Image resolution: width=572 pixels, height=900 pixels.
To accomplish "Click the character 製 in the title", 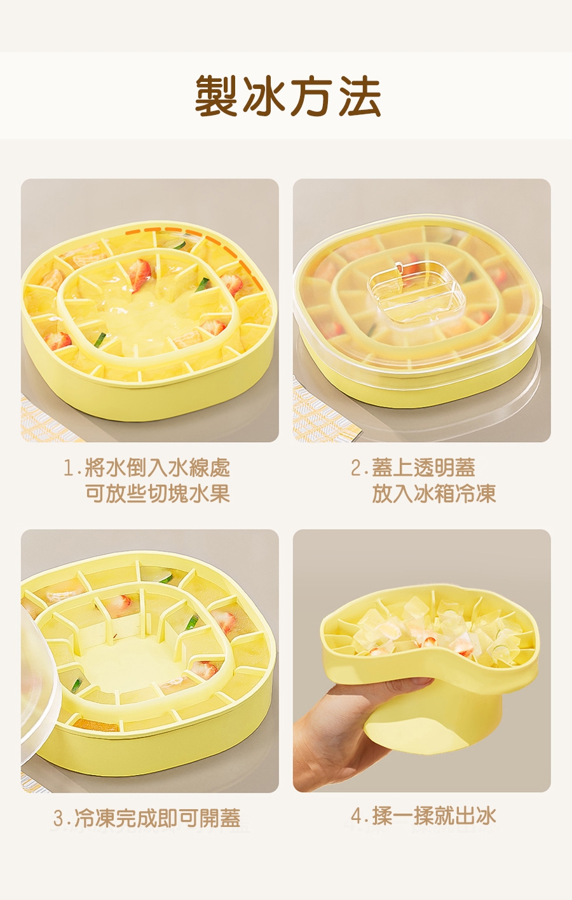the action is click(216, 96).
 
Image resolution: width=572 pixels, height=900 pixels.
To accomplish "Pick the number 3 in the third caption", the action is click(58, 818).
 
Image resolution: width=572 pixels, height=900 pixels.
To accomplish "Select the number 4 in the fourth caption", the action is click(357, 816).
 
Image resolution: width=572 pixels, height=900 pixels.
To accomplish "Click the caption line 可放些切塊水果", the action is click(158, 494).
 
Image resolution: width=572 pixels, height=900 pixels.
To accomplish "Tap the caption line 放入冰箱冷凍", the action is click(433, 494).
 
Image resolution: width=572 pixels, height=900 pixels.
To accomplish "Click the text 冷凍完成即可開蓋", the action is click(157, 818).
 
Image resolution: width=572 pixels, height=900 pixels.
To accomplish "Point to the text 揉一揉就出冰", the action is click(434, 816).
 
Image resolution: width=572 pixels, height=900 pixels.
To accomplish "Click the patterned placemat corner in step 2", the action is click(322, 414).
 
